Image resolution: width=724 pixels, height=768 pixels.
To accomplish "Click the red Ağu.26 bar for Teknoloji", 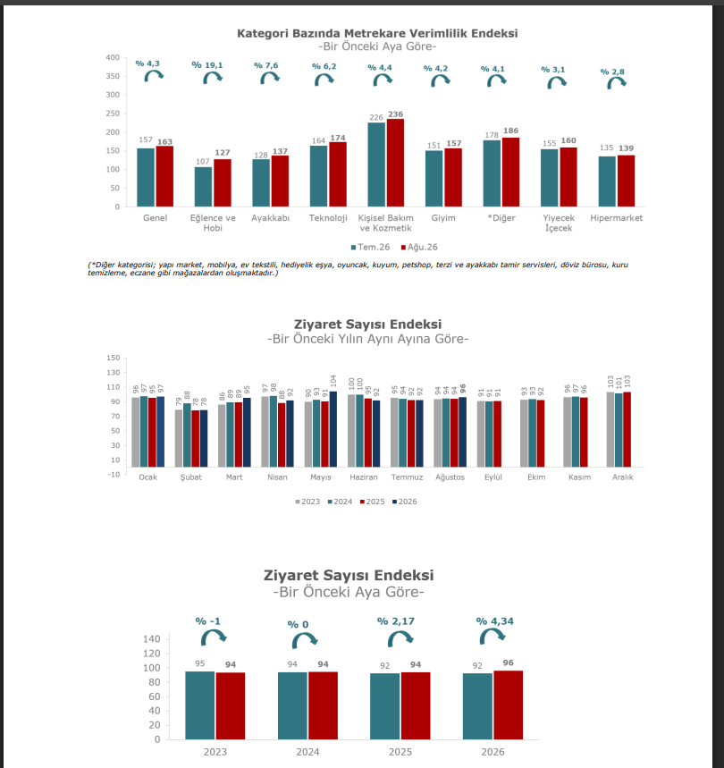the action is pos(338,174).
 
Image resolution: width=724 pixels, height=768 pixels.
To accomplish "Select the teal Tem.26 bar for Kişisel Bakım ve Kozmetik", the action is pos(376,165).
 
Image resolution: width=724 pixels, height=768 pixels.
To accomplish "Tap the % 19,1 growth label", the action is pos(207,65).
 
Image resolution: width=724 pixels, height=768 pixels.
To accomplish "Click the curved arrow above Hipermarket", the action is pos(617,83).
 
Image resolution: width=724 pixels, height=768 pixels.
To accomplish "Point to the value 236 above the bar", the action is pos(396,114).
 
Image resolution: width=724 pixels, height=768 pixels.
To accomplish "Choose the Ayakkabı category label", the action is pos(270,218).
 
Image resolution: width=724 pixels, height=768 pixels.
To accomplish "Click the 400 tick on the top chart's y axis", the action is pos(113,57).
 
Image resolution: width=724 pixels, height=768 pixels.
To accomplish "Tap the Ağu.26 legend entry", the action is pos(419,248).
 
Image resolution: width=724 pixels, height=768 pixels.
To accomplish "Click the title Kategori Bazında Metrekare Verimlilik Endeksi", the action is pos(377,33).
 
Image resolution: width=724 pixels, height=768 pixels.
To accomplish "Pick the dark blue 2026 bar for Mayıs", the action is pos(333,429).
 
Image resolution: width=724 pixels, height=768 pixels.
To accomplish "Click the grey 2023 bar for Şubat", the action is pos(179,438).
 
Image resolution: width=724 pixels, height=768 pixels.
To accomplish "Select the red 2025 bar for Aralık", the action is pos(627,429).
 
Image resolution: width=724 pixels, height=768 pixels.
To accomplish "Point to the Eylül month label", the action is pos(493,477).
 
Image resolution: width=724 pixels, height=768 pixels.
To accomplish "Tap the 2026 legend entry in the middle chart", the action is pos(404,502).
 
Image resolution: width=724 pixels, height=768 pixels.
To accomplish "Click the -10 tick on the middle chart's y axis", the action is pos(114,474).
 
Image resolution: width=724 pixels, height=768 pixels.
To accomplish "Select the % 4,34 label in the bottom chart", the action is pos(495,621).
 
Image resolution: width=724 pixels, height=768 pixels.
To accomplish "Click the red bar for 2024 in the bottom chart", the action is pos(323,705).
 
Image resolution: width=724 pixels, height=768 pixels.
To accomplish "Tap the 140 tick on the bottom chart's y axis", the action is pos(152,638).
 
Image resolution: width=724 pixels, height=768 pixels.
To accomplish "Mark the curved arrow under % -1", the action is pos(214,637).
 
